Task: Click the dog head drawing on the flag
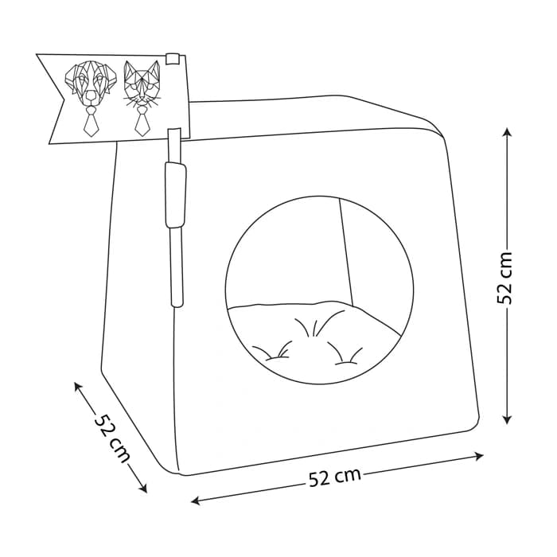[x=91, y=84]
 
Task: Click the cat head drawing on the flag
[x=142, y=84]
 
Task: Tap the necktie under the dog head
[x=90, y=122]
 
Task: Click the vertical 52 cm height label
[x=504, y=278]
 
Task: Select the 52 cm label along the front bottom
[x=335, y=477]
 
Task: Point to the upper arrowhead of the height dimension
[x=508, y=133]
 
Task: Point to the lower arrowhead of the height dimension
[x=508, y=419]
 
